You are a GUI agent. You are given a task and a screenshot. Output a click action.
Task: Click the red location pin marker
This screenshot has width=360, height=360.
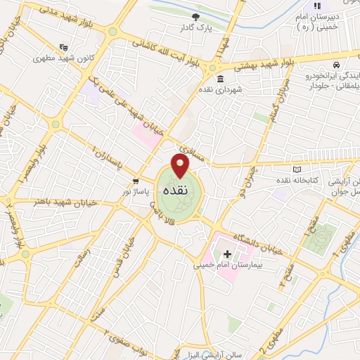pyautogui.click(x=181, y=166)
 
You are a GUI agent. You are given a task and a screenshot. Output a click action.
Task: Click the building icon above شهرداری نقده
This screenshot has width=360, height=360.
pyautogui.click(x=221, y=78)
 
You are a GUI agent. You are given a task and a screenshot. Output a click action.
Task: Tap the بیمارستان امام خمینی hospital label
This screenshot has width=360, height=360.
pyautogui.click(x=219, y=266)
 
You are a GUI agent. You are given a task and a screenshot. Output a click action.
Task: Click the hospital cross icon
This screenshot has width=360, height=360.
pyautogui.click(x=227, y=254)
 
